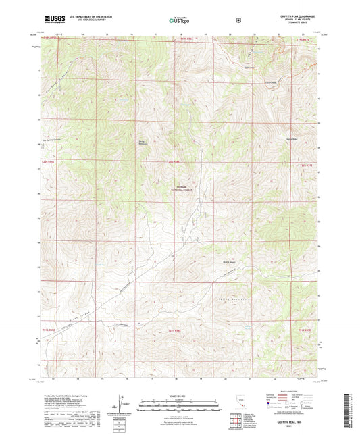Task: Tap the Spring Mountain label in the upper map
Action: click(x=143, y=143)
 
